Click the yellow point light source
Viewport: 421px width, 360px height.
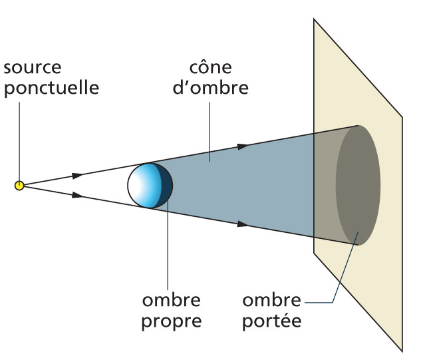pyautogui.click(x=19, y=185)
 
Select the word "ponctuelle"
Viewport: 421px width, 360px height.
pyautogui.click(x=51, y=87)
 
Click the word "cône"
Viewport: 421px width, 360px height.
pyautogui.click(x=209, y=69)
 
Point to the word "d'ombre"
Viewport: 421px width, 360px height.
pyautogui.click(x=210, y=87)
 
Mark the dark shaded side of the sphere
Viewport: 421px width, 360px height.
pyautogui.click(x=164, y=184)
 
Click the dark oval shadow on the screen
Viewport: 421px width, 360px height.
pyautogui.click(x=358, y=185)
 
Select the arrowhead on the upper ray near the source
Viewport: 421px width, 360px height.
pyautogui.click(x=78, y=176)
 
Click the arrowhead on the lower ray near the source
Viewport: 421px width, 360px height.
pyautogui.click(x=78, y=195)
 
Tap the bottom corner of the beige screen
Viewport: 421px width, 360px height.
pyautogui.click(x=402, y=350)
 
